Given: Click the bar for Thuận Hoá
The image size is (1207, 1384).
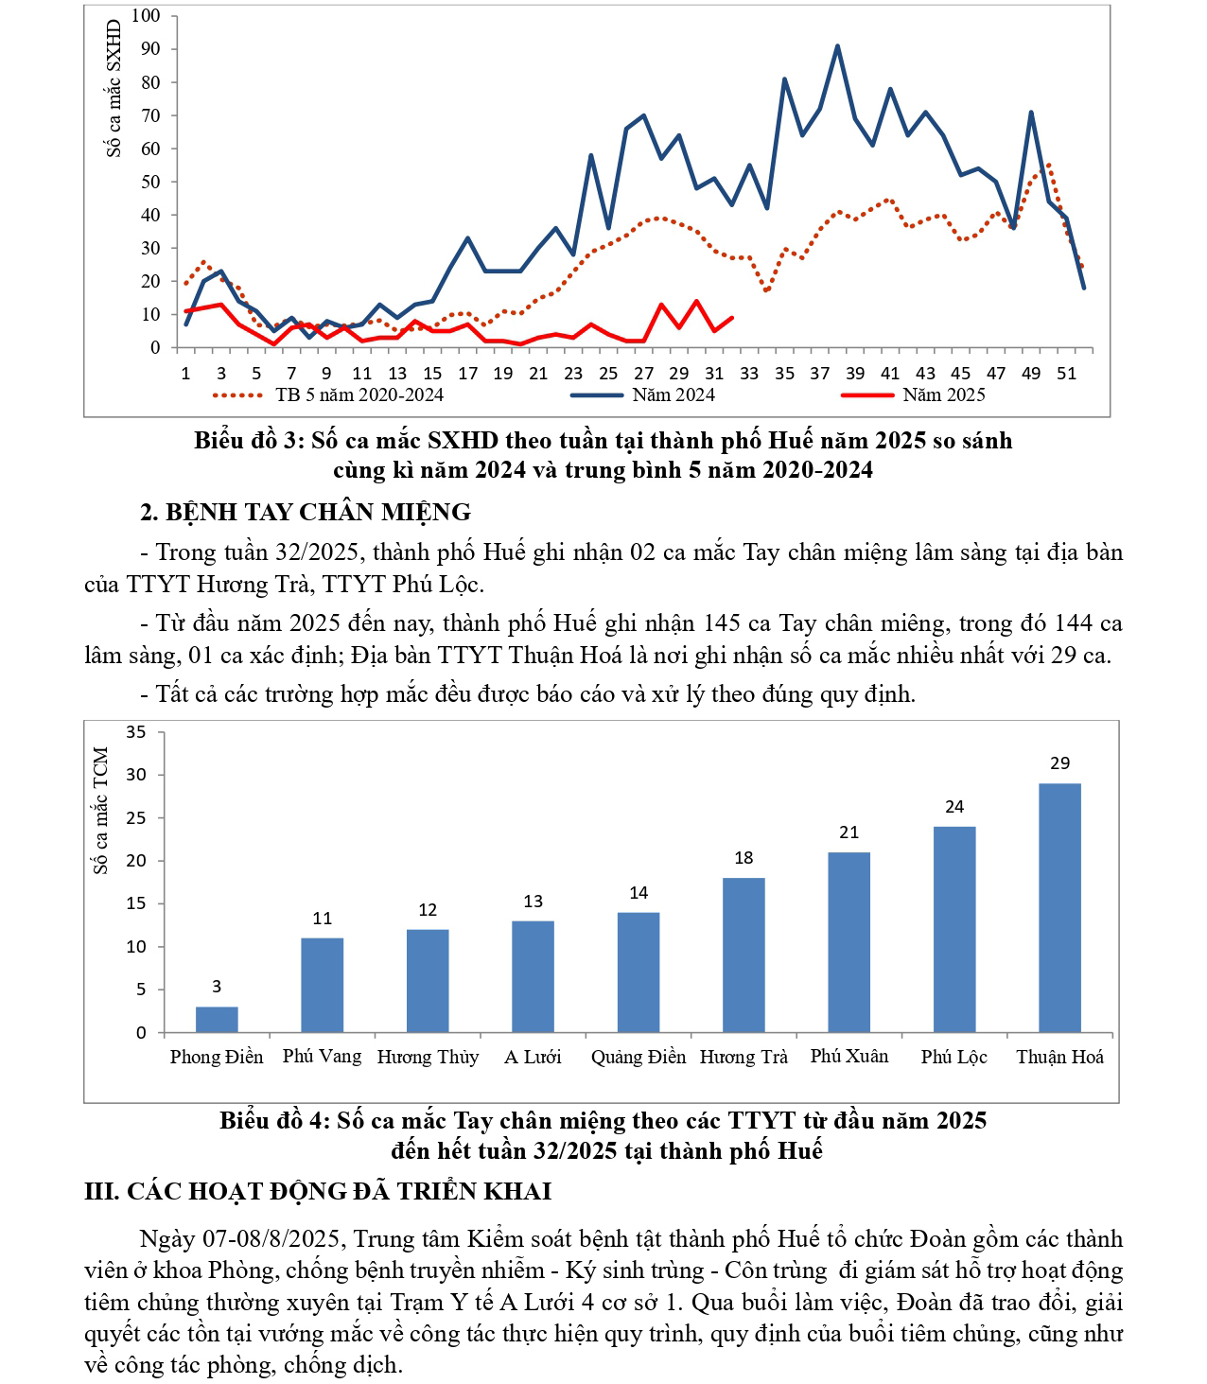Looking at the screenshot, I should pos(1059,907).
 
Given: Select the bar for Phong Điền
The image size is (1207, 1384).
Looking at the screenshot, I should pos(217,1019).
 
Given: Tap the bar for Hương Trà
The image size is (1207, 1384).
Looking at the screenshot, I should pos(743,955).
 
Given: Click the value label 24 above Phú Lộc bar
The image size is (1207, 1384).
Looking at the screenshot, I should pos(954,807).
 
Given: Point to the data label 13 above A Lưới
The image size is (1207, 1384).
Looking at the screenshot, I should pos(533,902).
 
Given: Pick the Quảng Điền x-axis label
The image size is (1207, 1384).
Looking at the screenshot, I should pos(638,1057).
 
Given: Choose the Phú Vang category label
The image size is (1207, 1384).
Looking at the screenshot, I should pos(322,1056).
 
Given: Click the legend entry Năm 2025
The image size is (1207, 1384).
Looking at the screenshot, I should pos(943,395).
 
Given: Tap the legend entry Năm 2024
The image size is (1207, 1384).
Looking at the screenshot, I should pos(673,395).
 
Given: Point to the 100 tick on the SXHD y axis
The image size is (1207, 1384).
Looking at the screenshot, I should pos(146,15).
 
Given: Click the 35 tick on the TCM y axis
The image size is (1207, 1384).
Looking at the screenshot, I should pos(136,732).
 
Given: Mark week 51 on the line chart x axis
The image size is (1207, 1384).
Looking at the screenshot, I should pos(1066,374).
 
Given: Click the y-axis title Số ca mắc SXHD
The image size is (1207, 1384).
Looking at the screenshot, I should pos(114,88).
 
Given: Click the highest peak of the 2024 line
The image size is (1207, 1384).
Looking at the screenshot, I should pos(837,46).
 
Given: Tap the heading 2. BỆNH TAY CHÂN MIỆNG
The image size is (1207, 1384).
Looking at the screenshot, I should pos(306,513).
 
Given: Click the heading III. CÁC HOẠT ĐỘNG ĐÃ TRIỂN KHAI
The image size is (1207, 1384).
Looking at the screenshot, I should pos(318,1191).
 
